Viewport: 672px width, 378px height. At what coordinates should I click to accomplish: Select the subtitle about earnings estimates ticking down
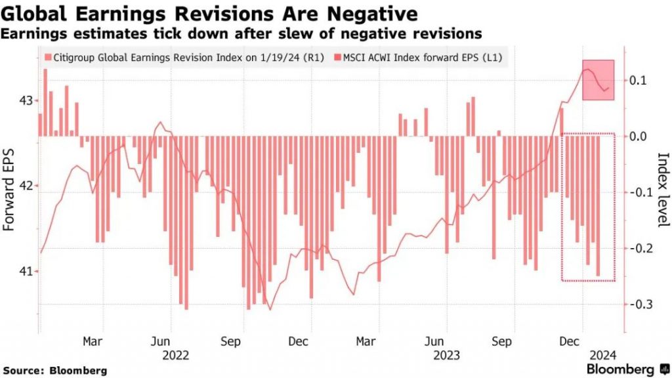coord(242,33)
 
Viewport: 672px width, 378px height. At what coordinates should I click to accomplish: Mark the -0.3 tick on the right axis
coord(640,304)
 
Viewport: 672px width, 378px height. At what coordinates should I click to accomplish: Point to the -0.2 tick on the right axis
coord(640,248)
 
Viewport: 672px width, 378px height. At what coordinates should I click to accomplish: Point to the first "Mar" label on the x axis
coord(93,342)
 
